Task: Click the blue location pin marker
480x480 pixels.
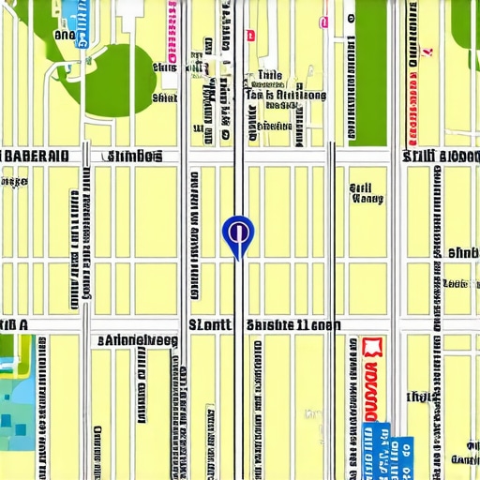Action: (x=237, y=232)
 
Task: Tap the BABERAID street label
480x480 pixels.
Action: (x=35, y=156)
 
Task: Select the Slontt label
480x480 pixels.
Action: (x=209, y=325)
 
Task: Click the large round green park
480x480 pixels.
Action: (x=116, y=80)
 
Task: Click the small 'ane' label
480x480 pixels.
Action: (x=64, y=35)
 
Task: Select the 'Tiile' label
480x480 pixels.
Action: (x=269, y=75)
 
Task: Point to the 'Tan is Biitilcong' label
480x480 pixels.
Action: (x=285, y=95)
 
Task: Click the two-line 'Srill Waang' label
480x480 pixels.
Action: (x=365, y=193)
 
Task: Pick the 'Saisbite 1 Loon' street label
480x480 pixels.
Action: (x=292, y=325)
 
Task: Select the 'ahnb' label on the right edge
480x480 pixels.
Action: (x=463, y=252)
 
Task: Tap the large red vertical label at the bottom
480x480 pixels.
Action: (x=372, y=394)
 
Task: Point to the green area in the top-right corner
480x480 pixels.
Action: (x=467, y=23)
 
